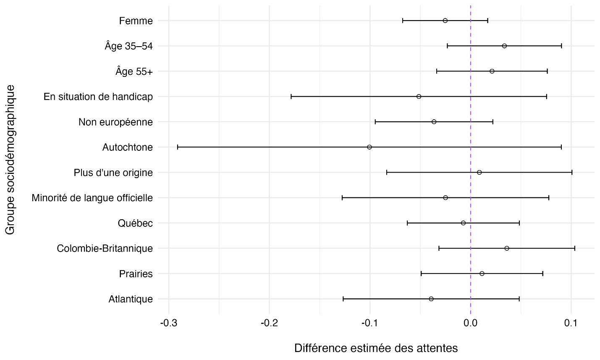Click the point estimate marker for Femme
pos(445,21)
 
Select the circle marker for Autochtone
pos(369,147)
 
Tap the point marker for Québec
pos(463,223)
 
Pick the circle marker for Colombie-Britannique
pos(507,248)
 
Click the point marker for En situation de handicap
pos(419,97)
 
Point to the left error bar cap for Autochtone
pos(178,147)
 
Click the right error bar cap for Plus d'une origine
pos(572,172)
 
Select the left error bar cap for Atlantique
pos(343,299)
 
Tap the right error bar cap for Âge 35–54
pos(561,46)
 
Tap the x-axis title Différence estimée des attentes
pos(376,348)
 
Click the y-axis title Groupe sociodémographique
pos(10,160)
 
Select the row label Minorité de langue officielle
pos(92,197)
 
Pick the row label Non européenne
pos(115,122)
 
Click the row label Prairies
pos(136,274)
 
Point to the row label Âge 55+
pos(134,71)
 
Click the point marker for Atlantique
pos(431,299)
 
